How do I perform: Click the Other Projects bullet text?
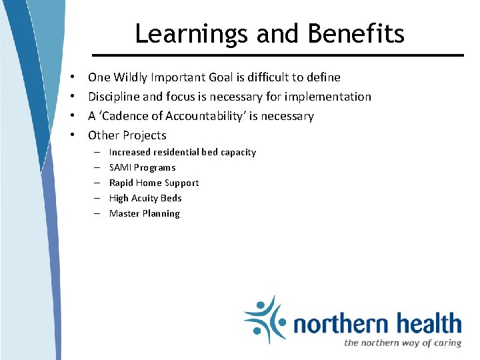127,135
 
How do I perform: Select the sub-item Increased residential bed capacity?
182,152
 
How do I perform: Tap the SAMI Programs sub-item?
142,167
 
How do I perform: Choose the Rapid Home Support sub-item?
153,183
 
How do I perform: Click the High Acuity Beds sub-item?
145,198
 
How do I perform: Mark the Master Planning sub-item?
144,213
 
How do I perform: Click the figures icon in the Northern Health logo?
265,319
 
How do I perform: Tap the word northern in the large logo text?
341,324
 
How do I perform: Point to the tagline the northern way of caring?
402,343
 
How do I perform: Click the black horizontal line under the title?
277,55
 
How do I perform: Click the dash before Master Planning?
97,214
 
